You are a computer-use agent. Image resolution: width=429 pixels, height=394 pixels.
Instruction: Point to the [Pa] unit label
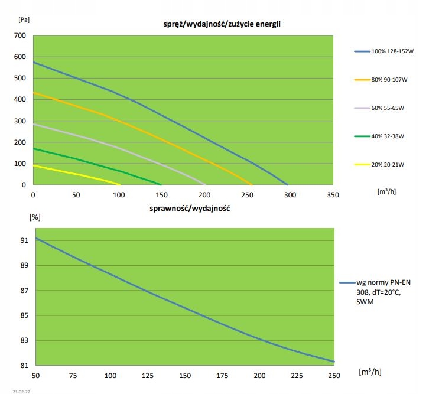(x=24, y=19)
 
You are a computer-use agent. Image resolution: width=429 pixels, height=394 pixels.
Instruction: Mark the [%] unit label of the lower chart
(x=35, y=217)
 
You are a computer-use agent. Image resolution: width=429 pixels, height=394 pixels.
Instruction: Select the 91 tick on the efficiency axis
(x=24, y=240)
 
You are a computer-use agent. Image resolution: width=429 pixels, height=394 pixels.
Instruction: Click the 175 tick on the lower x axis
(x=222, y=375)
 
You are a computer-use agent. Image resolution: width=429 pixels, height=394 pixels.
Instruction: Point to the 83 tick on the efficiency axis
(x=24, y=340)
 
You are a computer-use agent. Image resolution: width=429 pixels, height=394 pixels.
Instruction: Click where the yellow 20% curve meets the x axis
(x=121, y=185)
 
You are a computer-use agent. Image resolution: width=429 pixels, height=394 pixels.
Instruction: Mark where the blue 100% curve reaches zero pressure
(x=288, y=185)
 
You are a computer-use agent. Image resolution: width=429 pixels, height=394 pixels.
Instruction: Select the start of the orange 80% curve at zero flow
(x=34, y=93)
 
